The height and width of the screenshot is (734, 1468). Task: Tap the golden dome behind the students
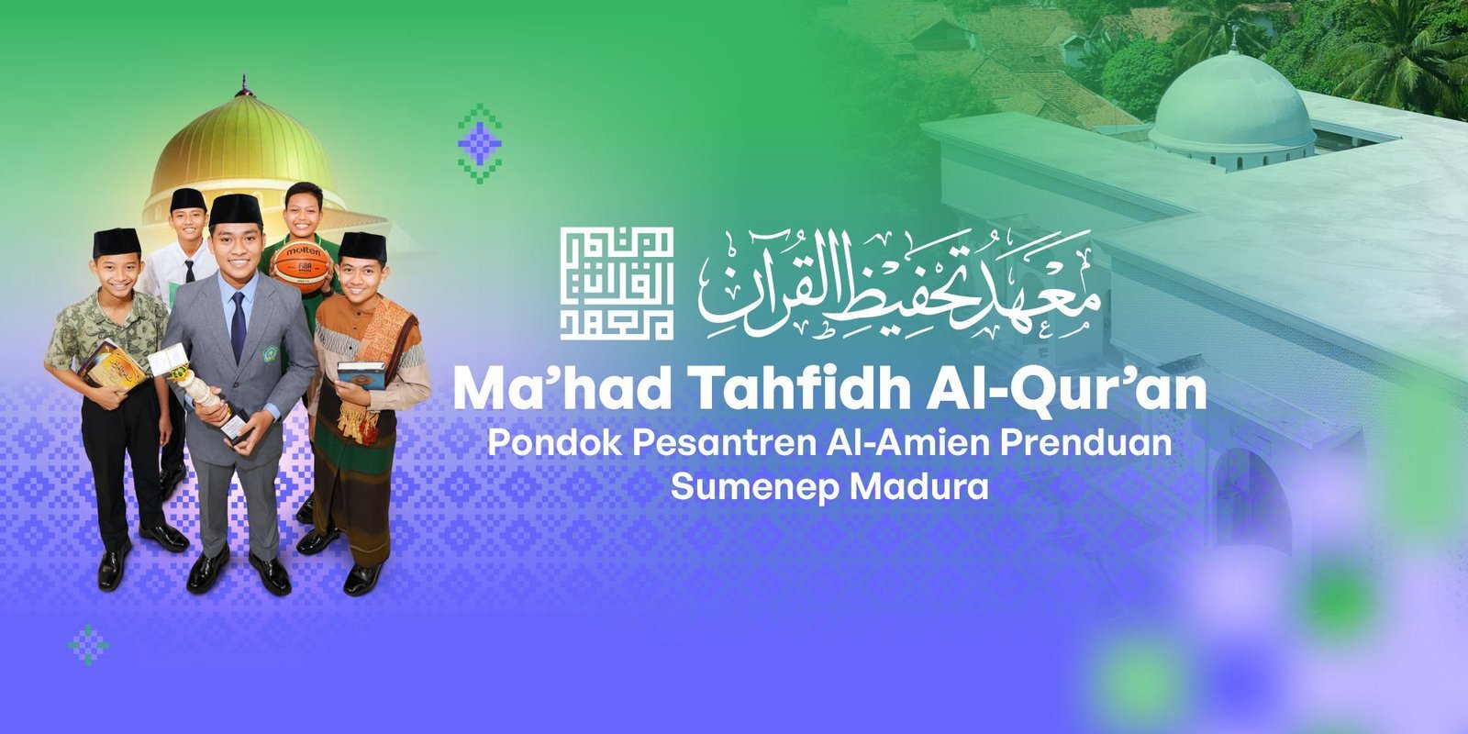pyautogui.click(x=240, y=142)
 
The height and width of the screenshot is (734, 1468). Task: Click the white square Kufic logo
pyautogui.click(x=617, y=284)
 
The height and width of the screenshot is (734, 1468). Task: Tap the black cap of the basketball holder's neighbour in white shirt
pyautogui.click(x=188, y=199)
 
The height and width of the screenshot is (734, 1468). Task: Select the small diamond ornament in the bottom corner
pyautogui.click(x=89, y=645)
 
